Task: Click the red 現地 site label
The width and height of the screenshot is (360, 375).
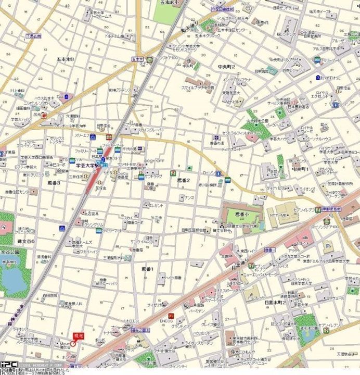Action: tap(78, 336)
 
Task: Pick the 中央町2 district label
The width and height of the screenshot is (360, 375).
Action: tap(226, 67)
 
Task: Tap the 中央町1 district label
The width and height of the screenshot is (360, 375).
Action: tap(300, 169)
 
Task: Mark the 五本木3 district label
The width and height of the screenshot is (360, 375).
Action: tap(65, 59)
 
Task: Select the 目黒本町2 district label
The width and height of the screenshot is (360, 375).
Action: tap(276, 302)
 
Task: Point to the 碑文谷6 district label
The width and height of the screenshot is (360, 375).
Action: tap(25, 242)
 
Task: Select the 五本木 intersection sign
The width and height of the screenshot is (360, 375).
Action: tap(137, 60)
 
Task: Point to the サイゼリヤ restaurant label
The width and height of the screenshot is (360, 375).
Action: tap(155, 304)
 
